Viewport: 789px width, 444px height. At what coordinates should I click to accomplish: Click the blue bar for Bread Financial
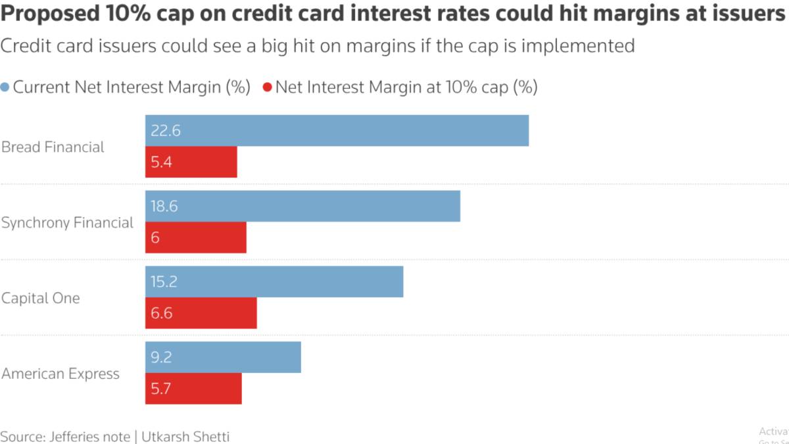tap(337, 130)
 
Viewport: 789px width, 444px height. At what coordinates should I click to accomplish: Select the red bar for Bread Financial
tap(191, 162)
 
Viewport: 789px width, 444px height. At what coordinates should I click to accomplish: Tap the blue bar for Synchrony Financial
tap(302, 206)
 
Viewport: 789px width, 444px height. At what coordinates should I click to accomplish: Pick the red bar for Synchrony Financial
tap(196, 237)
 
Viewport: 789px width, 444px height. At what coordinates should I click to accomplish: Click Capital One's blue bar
tap(274, 282)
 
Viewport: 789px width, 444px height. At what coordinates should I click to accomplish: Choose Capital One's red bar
tap(201, 313)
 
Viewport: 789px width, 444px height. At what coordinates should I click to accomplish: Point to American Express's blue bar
tap(223, 357)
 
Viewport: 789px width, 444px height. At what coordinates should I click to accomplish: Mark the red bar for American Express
tap(193, 389)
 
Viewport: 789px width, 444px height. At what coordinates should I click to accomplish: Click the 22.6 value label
tap(166, 131)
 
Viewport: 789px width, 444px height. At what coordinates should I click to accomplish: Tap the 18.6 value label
tap(164, 207)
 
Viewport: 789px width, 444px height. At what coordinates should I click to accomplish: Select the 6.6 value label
tap(162, 313)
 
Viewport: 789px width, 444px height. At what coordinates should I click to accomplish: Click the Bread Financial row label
tap(53, 147)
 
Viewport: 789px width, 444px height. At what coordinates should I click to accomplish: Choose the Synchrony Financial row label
tap(67, 223)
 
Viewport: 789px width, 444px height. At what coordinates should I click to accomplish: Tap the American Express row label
tap(60, 374)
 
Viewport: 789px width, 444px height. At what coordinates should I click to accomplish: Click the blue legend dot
tap(5, 87)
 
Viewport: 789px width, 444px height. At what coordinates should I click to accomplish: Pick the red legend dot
tap(267, 87)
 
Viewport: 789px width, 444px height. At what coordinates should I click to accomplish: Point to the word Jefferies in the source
tap(73, 436)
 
